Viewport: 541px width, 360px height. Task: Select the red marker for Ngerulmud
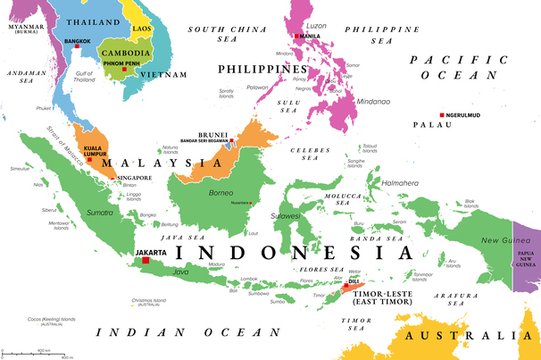point(442,114)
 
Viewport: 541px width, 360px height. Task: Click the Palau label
point(438,138)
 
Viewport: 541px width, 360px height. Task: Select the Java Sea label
point(181,238)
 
